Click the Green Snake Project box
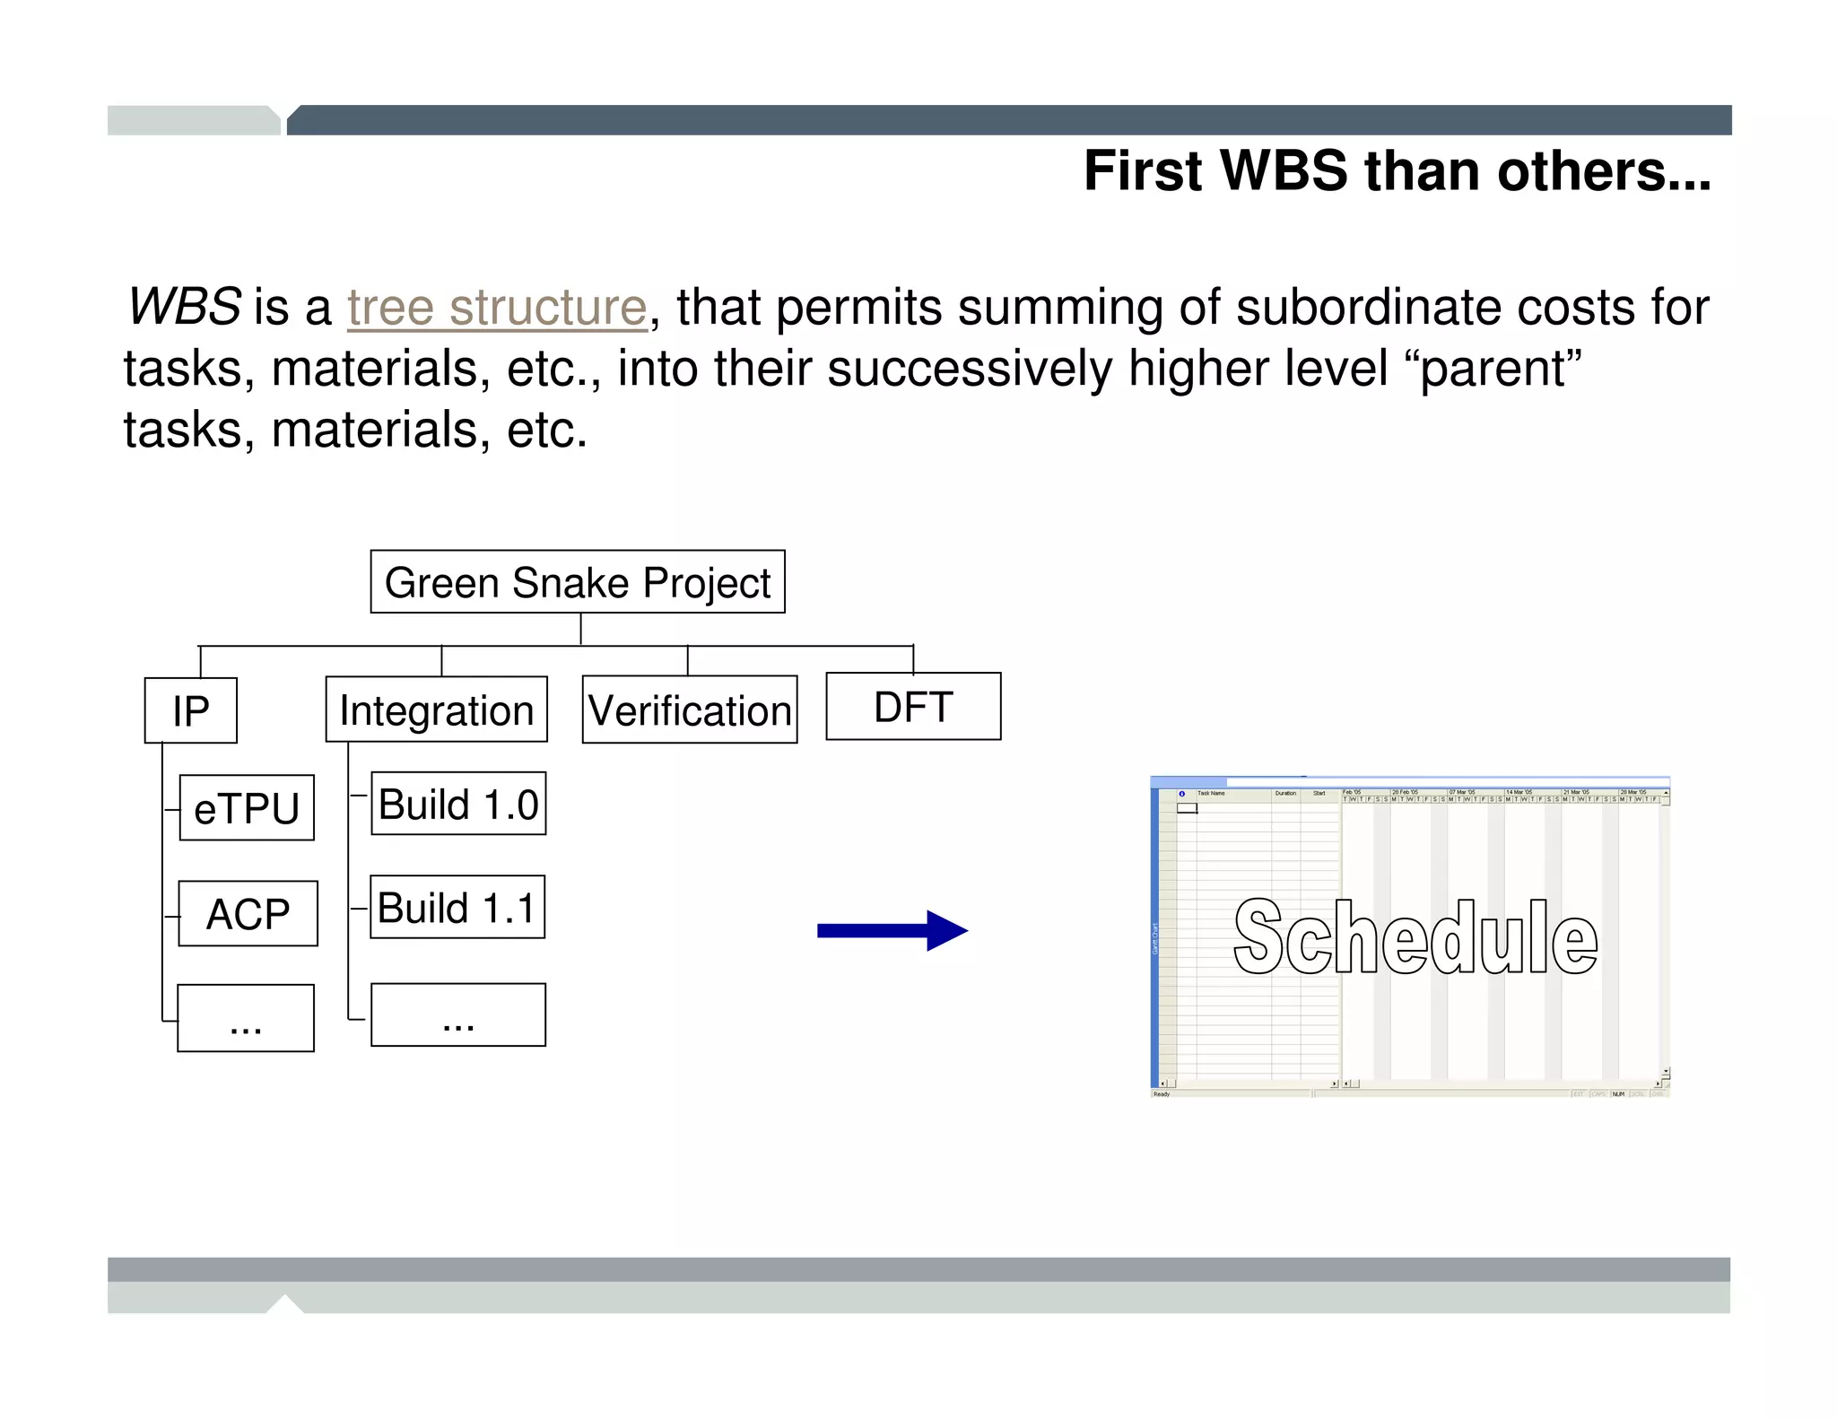578,582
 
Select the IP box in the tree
191,710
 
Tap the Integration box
437,709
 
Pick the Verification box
690,709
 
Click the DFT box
913,707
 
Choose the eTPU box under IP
247,808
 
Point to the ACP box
248,914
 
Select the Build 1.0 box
458,804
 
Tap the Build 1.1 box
457,908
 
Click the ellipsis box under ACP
246,1018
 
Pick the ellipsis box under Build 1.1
458,1015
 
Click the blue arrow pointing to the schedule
892,931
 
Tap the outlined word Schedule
1415,937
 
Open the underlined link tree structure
497,308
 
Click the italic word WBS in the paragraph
184,307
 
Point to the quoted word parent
1501,369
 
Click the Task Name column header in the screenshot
1211,793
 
